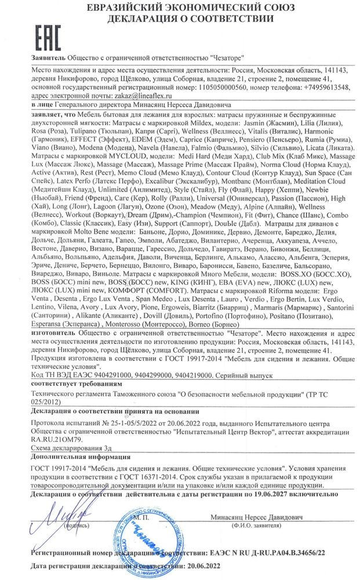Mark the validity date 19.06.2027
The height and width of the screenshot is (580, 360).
(268, 495)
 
